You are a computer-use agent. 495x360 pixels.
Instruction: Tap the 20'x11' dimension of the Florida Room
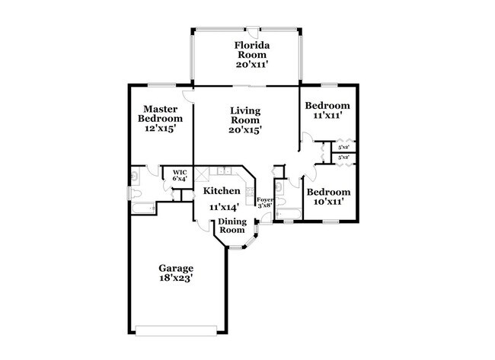coord(253,65)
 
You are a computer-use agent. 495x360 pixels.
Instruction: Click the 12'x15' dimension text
coord(160,129)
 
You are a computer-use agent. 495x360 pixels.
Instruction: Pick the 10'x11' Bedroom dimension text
coord(329,203)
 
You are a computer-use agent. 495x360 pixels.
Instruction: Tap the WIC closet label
coord(180,173)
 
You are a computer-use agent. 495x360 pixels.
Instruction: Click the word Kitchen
coord(222,191)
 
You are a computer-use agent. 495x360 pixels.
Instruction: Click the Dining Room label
coord(232,225)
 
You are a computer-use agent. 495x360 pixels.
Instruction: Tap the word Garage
coord(176,268)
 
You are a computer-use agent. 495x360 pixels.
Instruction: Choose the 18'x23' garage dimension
coord(176,279)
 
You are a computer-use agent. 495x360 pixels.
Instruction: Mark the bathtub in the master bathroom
coord(143,207)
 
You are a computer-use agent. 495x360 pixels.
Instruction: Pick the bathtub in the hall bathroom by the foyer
coord(287,215)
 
